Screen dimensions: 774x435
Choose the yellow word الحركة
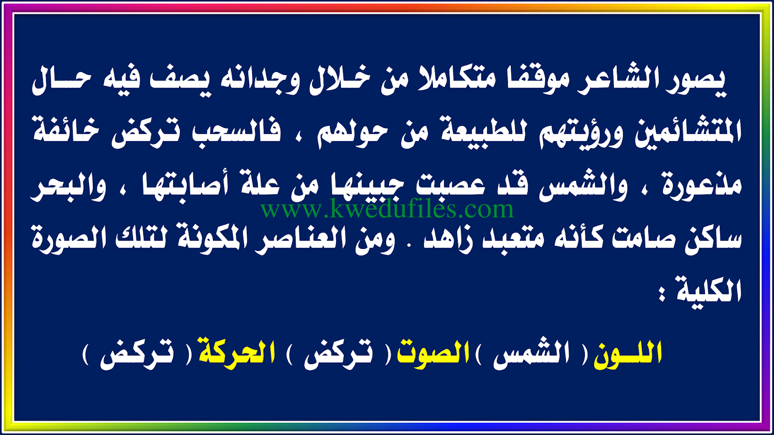(237, 353)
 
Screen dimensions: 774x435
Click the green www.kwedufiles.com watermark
(387, 209)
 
